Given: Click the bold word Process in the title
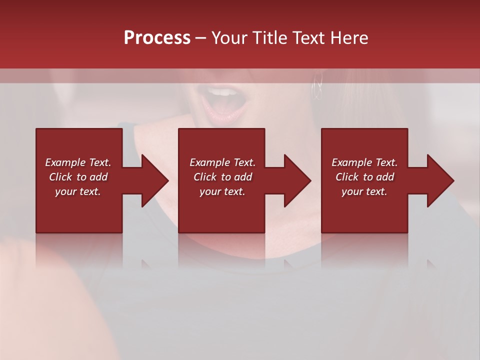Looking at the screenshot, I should [x=157, y=38].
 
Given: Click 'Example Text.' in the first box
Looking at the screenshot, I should [x=78, y=162].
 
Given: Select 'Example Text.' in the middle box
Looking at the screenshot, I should [x=222, y=162].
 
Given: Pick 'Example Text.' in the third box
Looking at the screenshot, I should [x=364, y=162].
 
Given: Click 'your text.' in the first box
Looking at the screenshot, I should [x=78, y=191].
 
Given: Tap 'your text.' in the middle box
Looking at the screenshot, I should [x=222, y=191].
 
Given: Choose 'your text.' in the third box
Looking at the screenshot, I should [x=364, y=191].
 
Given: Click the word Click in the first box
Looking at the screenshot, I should [x=60, y=177].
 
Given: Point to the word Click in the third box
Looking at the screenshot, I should [x=347, y=177].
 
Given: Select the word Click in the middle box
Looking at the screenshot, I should [x=205, y=177].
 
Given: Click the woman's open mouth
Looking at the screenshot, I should [x=222, y=102].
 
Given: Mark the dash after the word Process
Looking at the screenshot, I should [x=201, y=38].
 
